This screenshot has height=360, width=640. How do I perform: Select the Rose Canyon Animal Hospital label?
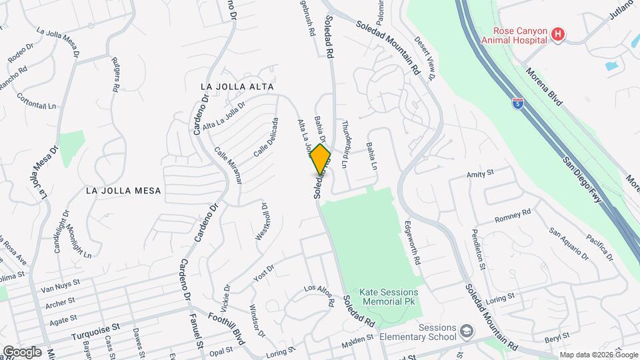click(x=520, y=35)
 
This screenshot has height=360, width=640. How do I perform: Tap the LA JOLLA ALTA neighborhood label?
click(x=238, y=87)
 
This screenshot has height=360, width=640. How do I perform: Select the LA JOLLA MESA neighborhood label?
click(x=123, y=190)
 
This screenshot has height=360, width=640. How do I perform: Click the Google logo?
click(x=22, y=351)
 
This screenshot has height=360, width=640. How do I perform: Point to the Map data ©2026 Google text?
click(x=597, y=354)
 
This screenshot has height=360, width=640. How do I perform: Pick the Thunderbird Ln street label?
click(x=345, y=136)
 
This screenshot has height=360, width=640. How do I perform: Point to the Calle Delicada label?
click(x=265, y=138)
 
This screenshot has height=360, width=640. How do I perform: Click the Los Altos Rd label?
click(x=319, y=295)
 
